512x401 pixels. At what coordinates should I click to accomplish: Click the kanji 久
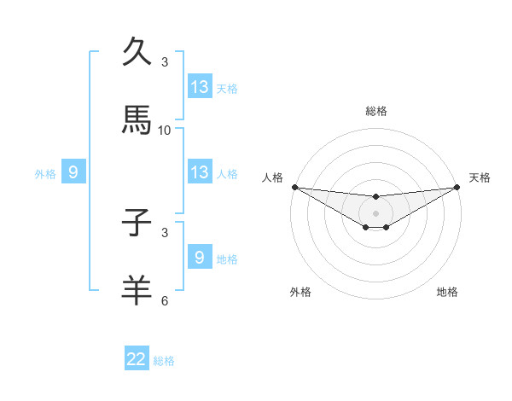click(137, 51)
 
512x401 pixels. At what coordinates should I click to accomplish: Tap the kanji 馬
click(137, 120)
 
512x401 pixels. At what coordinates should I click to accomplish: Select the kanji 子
click(137, 224)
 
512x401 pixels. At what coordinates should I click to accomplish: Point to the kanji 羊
click(137, 290)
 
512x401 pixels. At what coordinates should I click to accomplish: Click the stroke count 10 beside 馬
click(165, 131)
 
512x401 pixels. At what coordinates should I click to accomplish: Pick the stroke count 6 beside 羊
click(165, 300)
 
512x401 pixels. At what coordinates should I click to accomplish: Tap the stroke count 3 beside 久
click(165, 61)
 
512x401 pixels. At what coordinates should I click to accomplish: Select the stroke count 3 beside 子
click(165, 232)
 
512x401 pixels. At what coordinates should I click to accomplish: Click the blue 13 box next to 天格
click(200, 87)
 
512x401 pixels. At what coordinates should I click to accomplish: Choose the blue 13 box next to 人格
click(200, 172)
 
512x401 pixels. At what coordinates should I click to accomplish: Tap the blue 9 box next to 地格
click(200, 258)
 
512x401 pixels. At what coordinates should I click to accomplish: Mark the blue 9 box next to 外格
click(73, 173)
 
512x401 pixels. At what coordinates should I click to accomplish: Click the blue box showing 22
click(137, 359)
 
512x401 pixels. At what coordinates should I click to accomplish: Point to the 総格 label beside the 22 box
click(165, 361)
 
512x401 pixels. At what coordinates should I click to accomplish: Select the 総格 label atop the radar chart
click(376, 111)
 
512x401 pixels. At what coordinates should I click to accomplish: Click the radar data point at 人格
click(294, 187)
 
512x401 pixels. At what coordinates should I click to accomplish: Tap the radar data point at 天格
click(457, 187)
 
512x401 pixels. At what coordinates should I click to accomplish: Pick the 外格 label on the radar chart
click(300, 293)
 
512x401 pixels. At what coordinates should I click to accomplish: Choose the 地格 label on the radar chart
click(447, 293)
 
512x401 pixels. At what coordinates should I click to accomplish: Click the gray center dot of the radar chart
click(375, 213)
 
